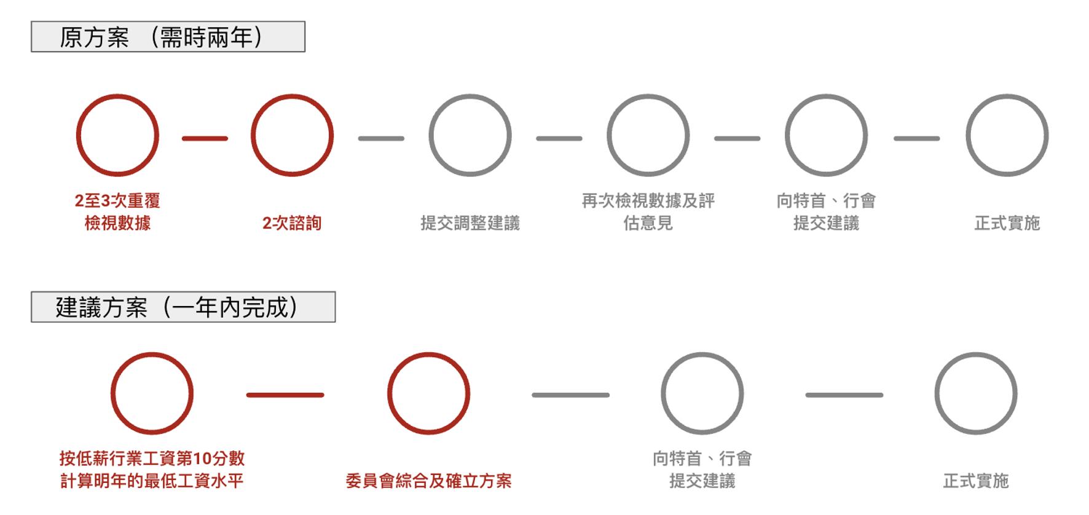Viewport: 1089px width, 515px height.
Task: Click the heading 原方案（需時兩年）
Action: pyautogui.click(x=167, y=37)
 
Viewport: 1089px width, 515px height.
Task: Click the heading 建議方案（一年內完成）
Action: pyautogui.click(x=183, y=307)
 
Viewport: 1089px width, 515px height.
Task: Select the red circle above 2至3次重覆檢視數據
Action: pyautogui.click(x=117, y=135)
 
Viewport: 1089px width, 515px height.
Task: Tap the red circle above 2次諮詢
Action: pyautogui.click(x=292, y=135)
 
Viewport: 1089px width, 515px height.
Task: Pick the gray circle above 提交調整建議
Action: pyautogui.click(x=470, y=135)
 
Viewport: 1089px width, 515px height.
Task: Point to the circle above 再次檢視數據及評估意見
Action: pyautogui.click(x=648, y=135)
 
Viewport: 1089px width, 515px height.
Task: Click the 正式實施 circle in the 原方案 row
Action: pyautogui.click(x=1007, y=135)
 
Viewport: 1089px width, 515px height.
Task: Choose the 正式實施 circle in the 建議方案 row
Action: pyautogui.click(x=975, y=393)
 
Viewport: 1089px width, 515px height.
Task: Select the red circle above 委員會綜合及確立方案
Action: pyautogui.click(x=428, y=393)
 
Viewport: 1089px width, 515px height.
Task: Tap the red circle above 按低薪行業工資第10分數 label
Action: pyautogui.click(x=152, y=393)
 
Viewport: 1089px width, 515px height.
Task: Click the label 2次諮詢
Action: pyautogui.click(x=292, y=222)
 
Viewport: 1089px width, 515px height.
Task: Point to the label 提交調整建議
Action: pyautogui.click(x=470, y=222)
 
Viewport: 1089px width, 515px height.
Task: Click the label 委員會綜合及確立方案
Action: pyautogui.click(x=428, y=481)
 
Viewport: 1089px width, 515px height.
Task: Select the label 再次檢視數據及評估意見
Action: pyautogui.click(x=648, y=211)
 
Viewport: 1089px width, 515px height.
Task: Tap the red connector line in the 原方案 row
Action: pyautogui.click(x=205, y=138)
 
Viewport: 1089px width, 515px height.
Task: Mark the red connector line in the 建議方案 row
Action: pyautogui.click(x=285, y=395)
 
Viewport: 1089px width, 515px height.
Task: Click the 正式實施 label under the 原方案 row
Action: pyautogui.click(x=1007, y=222)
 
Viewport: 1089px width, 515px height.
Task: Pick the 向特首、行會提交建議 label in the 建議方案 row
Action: pyautogui.click(x=702, y=470)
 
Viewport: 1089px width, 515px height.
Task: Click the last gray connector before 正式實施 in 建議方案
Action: pyautogui.click(x=844, y=395)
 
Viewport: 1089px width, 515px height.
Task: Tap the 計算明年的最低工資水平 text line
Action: pyautogui.click(x=152, y=481)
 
